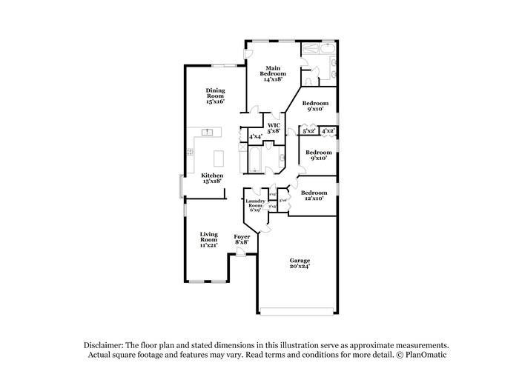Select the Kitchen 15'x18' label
tap(212, 178)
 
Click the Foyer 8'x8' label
tap(241, 239)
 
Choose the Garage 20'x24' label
tap(300, 263)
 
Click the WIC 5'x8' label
tap(274, 127)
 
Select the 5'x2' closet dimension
tap(309, 131)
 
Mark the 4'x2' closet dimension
tap(328, 131)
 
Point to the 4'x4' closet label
tap(254, 137)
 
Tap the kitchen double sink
tap(207, 133)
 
